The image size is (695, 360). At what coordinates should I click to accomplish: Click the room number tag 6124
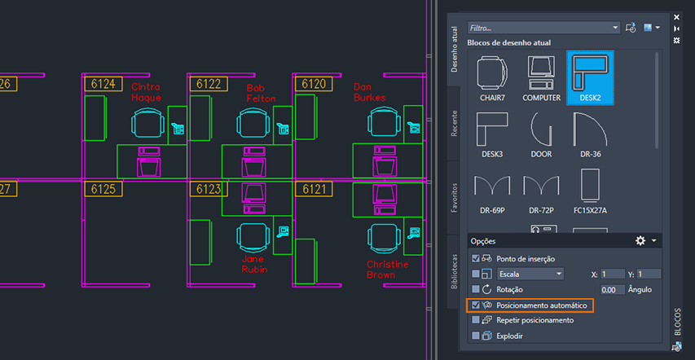[105, 84]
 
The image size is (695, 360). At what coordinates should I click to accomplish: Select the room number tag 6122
[208, 84]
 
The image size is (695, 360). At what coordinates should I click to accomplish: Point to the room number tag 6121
[314, 190]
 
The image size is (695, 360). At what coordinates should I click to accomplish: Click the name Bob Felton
[261, 93]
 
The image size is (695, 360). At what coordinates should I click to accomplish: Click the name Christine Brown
[386, 270]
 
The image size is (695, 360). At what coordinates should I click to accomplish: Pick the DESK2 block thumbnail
[589, 78]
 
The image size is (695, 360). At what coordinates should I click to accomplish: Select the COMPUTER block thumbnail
[541, 78]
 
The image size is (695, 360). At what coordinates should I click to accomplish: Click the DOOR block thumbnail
[541, 134]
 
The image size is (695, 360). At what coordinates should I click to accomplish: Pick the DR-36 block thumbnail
[590, 134]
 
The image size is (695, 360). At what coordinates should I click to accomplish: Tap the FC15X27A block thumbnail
[590, 191]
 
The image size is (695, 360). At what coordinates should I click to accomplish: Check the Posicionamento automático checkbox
[476, 305]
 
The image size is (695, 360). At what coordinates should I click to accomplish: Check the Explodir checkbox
[476, 336]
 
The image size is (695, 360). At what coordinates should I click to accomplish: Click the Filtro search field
[543, 28]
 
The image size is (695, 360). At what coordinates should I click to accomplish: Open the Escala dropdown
[530, 274]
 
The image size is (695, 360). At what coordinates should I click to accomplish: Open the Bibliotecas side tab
[455, 269]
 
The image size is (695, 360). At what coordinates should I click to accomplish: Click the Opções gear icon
[640, 241]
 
